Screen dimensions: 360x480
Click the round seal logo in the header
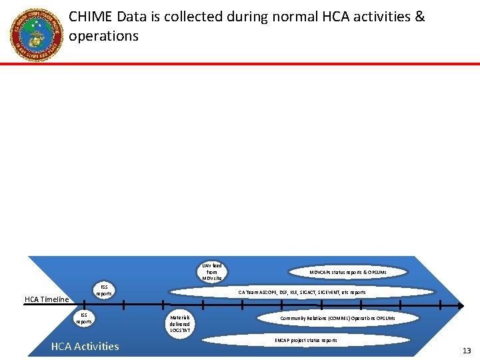tap(36, 35)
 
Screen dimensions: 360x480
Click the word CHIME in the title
tap(90, 17)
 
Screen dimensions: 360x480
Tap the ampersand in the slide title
tap(419, 17)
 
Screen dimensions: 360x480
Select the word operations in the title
tap(103, 36)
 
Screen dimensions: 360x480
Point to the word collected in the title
tap(193, 17)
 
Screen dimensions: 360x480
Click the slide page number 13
tap(466, 351)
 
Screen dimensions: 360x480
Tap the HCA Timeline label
tap(47, 299)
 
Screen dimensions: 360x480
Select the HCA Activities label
tap(85, 346)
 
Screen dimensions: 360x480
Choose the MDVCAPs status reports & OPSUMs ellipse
tap(347, 272)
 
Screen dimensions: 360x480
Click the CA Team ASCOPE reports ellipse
tap(302, 292)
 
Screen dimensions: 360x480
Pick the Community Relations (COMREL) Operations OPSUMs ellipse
tap(337, 319)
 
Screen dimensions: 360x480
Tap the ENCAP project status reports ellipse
tap(306, 340)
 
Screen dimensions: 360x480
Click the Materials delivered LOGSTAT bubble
tap(179, 323)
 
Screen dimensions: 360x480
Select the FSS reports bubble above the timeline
tap(104, 291)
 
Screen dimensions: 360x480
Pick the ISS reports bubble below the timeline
tap(84, 318)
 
